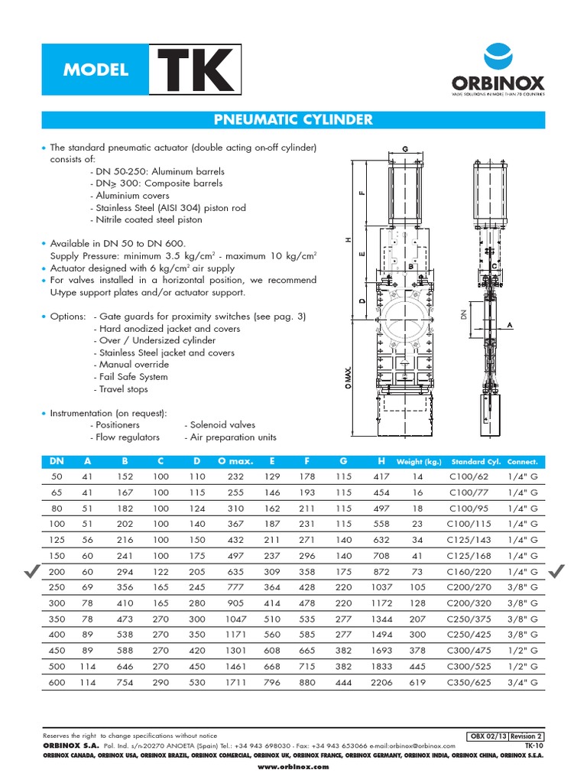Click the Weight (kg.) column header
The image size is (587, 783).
[418, 462]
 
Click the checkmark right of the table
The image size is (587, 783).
[557, 570]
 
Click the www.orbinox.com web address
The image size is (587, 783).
[293, 766]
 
